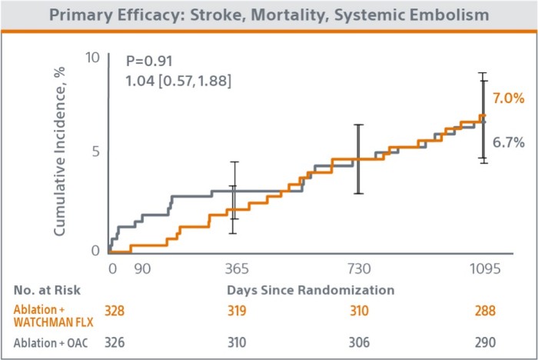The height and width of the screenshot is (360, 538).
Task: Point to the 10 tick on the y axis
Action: [92, 58]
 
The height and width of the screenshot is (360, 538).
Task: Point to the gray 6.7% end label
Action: [508, 142]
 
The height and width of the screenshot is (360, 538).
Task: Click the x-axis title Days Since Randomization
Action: [311, 290]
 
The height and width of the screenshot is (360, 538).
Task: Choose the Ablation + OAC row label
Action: [48, 342]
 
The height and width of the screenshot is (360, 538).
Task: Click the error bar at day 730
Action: [357, 158]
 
